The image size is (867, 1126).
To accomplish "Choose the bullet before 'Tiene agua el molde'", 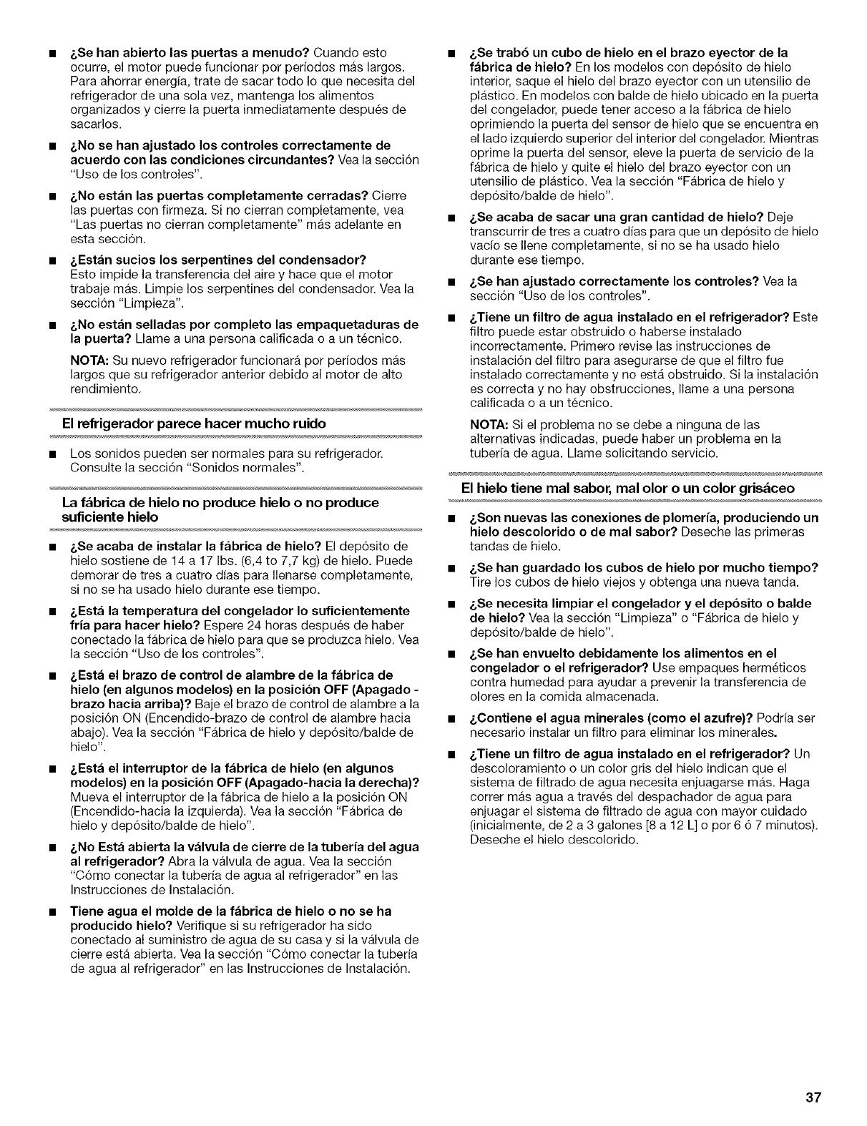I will point(53,912).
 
